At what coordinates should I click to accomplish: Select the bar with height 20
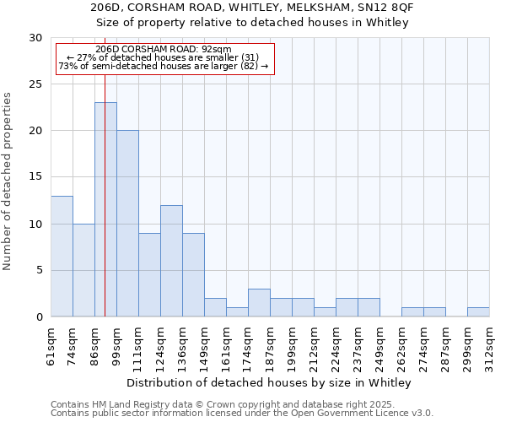point(127,224)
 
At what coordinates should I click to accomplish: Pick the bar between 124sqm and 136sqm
point(171,261)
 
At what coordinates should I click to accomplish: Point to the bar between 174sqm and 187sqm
point(259,303)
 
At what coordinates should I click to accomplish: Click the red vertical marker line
point(105,169)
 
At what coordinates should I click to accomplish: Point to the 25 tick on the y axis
point(36,84)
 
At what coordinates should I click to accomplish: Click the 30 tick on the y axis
point(36,38)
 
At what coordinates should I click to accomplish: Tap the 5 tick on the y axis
point(40,271)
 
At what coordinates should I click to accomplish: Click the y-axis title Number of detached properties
point(8,181)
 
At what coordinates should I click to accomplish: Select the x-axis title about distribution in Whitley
point(270,383)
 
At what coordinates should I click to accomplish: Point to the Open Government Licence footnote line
point(242,414)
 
